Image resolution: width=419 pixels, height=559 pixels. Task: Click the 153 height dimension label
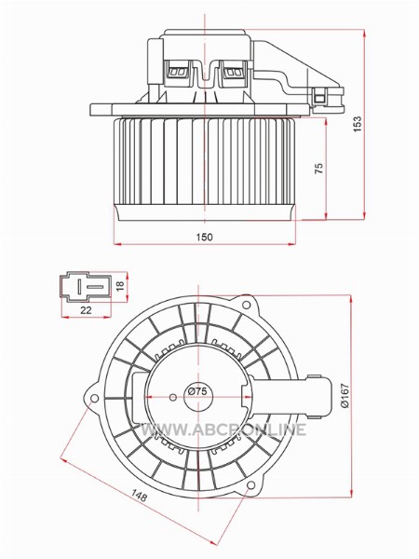(357, 124)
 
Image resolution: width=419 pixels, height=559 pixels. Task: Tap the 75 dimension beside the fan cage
(319, 169)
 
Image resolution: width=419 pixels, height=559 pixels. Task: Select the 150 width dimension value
(204, 237)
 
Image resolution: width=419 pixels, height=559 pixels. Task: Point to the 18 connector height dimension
(120, 285)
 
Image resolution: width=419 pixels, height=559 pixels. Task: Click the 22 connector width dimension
(86, 310)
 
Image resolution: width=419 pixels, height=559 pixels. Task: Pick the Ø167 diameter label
(345, 395)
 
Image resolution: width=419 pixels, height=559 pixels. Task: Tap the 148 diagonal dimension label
(139, 496)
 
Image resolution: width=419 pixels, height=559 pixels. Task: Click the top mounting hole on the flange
(246, 305)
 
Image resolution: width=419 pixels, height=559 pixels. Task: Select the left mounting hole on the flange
(94, 398)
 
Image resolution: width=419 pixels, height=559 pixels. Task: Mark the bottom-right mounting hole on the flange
(250, 485)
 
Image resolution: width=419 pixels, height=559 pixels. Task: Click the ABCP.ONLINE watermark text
(223, 429)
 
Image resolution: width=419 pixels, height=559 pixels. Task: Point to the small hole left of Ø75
(173, 397)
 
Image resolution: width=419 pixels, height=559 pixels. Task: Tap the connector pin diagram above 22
(86, 287)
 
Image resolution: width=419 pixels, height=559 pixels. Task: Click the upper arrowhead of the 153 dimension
(364, 34)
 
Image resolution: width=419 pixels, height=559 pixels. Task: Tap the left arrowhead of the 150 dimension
(118, 244)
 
